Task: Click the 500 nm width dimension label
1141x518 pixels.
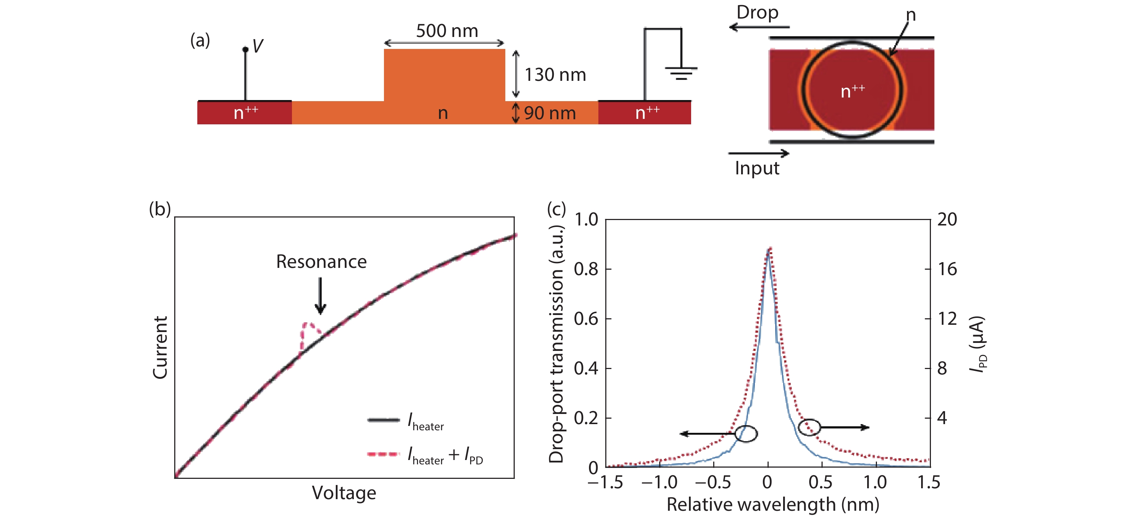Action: (447, 31)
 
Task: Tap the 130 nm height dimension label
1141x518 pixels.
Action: (555, 75)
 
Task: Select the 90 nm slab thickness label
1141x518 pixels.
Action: (550, 113)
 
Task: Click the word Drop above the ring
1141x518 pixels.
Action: (757, 12)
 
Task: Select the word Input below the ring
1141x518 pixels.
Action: (757, 169)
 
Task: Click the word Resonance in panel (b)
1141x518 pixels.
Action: (321, 262)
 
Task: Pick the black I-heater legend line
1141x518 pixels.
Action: (383, 420)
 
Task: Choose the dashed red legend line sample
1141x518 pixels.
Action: (383, 454)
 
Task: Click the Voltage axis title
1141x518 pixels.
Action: (344, 493)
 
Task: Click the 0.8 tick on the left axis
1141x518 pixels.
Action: (586, 269)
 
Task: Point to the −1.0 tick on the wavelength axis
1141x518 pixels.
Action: (659, 482)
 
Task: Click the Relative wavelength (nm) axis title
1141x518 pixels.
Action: (773, 505)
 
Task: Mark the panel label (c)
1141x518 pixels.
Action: (556, 209)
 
